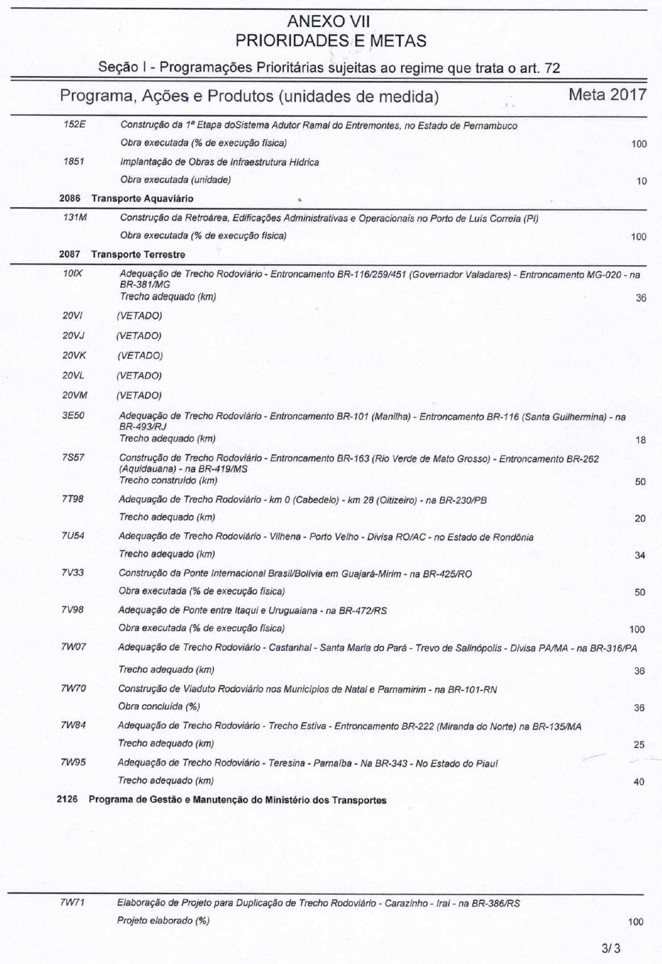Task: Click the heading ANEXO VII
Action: tap(329, 22)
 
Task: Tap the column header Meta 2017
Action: tap(607, 95)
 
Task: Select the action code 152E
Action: tap(74, 124)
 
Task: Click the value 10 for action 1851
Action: tap(641, 181)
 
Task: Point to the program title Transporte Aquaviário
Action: tap(142, 199)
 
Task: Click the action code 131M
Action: tap(75, 217)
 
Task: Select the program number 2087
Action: tap(70, 254)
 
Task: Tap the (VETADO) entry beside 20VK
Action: tap(140, 356)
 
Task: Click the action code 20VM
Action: tap(74, 395)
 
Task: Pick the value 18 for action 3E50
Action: tap(640, 440)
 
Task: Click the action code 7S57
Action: tap(73, 457)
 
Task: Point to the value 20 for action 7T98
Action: tap(640, 519)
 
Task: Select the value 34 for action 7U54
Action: tap(640, 555)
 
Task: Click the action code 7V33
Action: tap(73, 572)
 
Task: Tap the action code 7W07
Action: tap(73, 647)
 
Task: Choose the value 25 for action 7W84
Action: tap(638, 745)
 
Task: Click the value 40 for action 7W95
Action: tap(638, 782)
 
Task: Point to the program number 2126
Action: tap(67, 800)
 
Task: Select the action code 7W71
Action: tap(72, 903)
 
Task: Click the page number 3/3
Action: tap(611, 948)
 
